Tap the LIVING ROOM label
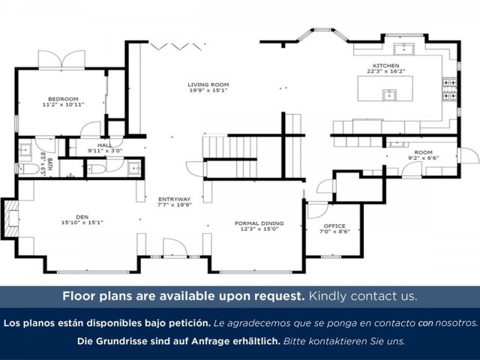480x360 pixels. click(x=208, y=85)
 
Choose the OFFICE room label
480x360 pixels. click(x=334, y=226)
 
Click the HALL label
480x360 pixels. click(x=104, y=145)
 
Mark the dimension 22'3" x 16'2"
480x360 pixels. click(x=387, y=72)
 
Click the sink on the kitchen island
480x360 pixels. click(x=388, y=94)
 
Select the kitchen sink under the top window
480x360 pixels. click(x=409, y=49)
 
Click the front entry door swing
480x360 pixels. click(x=174, y=250)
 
